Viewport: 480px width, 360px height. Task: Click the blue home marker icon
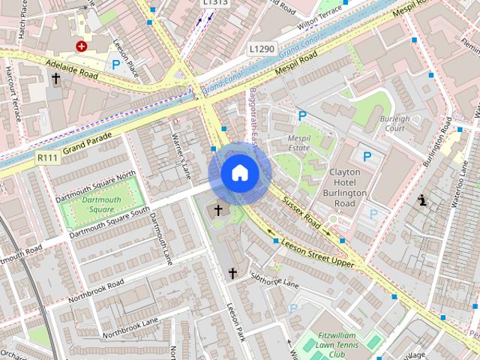(238, 173)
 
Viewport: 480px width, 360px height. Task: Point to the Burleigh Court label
(394, 123)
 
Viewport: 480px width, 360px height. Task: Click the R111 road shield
(46, 158)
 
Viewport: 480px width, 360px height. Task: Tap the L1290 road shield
(262, 49)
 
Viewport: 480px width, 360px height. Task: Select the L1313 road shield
(216, 3)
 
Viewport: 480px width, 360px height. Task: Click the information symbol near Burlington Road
(422, 200)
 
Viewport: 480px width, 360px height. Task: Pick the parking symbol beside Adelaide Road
(115, 65)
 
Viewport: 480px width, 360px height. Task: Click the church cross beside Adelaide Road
(55, 77)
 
